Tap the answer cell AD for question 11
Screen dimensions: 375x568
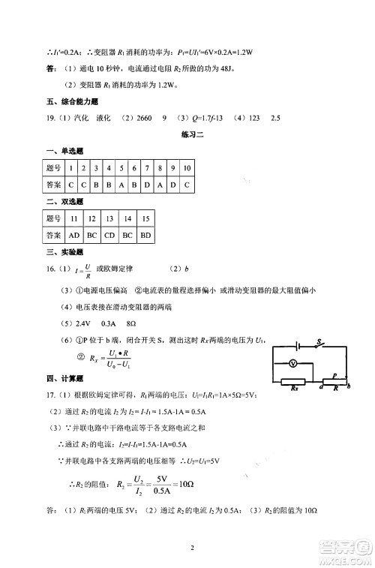[74, 235]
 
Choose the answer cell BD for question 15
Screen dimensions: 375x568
[146, 235]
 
